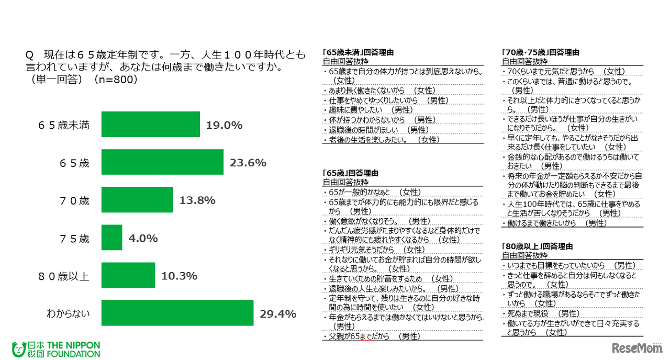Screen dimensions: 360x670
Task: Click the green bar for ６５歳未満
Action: [150, 125]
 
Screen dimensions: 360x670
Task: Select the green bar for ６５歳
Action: [162, 162]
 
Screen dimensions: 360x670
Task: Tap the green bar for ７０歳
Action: [137, 200]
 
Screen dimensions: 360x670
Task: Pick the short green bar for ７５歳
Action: [111, 238]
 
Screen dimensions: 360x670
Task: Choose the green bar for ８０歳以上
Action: [128, 275]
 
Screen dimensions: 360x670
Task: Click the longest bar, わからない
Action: [177, 313]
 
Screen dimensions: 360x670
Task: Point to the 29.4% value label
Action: [278, 313]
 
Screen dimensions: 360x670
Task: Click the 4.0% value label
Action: [143, 238]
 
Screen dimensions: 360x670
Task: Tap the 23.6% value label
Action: [248, 163]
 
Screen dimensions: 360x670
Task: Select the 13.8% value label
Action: [197, 200]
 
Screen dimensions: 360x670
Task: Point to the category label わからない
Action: [68, 313]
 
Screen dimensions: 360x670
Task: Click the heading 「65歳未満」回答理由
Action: [358, 52]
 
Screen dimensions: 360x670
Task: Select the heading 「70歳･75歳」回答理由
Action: [540, 52]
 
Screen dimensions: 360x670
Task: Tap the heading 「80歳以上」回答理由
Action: [537, 246]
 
